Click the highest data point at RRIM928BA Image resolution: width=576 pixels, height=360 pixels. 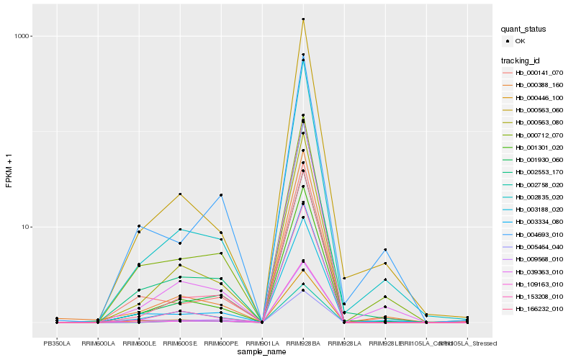coord(303,19)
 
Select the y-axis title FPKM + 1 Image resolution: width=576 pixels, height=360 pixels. coord(9,171)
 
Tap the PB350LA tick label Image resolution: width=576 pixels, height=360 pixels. coord(57,343)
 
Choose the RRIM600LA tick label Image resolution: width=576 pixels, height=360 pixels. coord(98,343)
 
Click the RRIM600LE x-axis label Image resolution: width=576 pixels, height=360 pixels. coord(139,343)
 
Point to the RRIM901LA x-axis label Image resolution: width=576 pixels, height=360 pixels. coord(262,343)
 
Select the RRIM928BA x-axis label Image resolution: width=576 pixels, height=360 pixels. coord(303,343)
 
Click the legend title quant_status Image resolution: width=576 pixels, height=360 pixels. coord(524,29)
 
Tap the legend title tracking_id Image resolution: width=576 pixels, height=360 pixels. coord(521,60)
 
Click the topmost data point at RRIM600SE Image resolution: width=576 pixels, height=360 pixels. coord(180,194)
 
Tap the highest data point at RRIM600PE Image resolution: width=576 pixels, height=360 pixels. coord(221,195)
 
